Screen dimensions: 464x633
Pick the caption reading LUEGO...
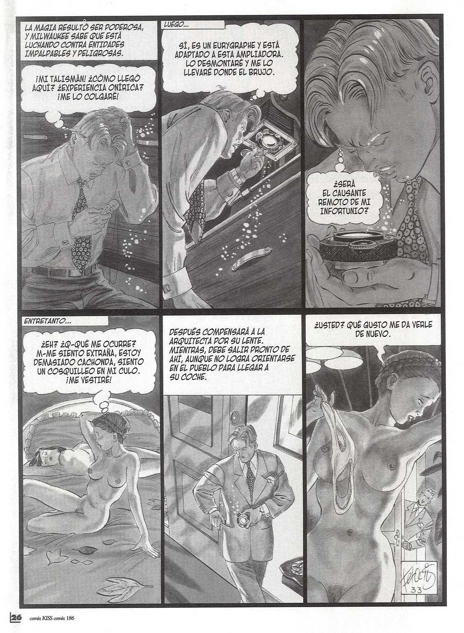click(176, 25)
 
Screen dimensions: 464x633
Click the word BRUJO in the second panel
click(261, 72)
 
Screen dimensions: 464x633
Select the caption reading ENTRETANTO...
click(44, 322)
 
